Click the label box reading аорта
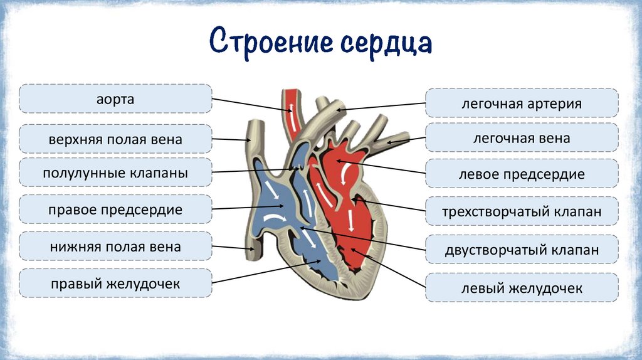pyautogui.click(x=115, y=99)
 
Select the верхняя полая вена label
pyautogui.click(x=115, y=139)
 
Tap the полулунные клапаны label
pyautogui.click(x=115, y=172)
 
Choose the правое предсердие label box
pyautogui.click(x=115, y=209)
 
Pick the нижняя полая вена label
pyautogui.click(x=115, y=246)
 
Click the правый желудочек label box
pyautogui.click(x=115, y=283)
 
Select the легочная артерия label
pyautogui.click(x=522, y=103)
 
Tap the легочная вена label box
pyautogui.click(x=522, y=138)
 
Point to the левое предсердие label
pyautogui.click(x=522, y=174)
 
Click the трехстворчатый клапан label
pyautogui.click(x=522, y=211)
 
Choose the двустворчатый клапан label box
pyautogui.click(x=522, y=250)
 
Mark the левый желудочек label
pyautogui.click(x=522, y=288)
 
